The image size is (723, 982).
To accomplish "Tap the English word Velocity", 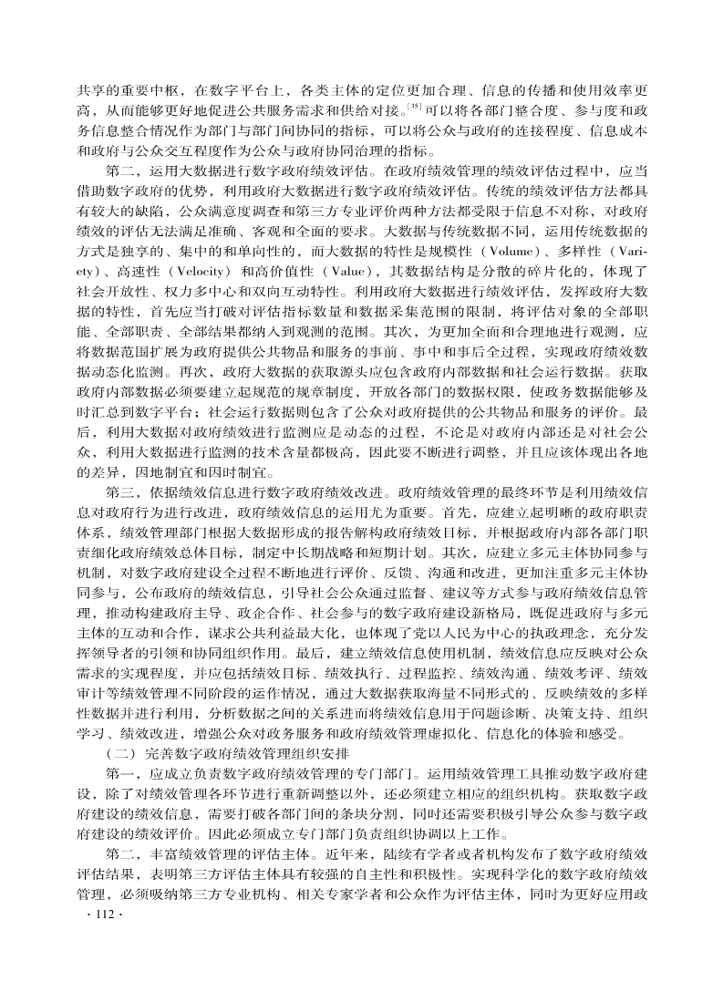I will (x=182, y=271).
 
